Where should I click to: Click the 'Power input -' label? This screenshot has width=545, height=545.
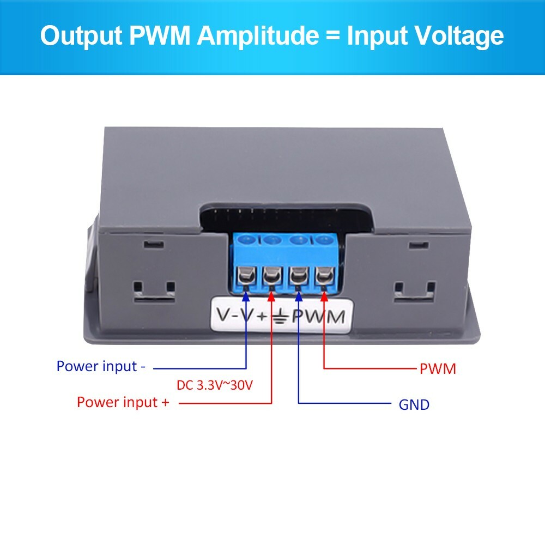(101, 366)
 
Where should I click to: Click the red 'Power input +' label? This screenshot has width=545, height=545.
(123, 402)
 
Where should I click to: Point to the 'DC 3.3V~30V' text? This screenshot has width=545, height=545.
(215, 385)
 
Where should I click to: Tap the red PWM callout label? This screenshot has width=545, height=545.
(437, 369)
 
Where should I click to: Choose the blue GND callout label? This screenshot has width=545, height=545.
(414, 404)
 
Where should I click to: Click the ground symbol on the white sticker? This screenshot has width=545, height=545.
(280, 317)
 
